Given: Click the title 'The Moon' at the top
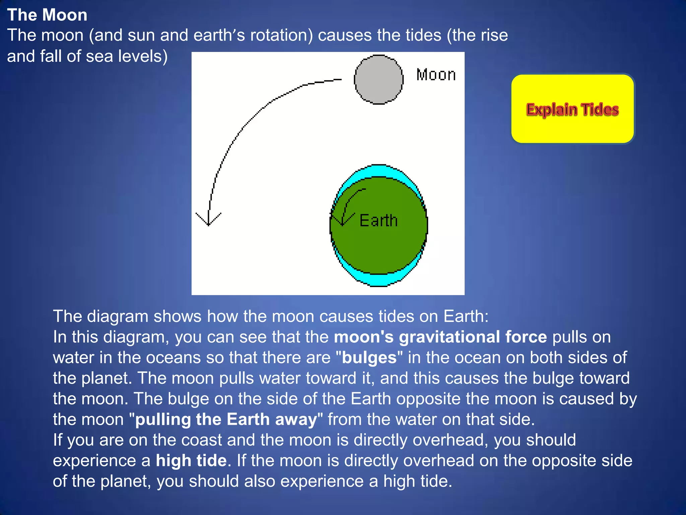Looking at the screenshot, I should pyautogui.click(x=47, y=15).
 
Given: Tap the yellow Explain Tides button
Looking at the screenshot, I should pyautogui.click(x=572, y=109).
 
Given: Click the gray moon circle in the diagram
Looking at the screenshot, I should pyautogui.click(x=379, y=80).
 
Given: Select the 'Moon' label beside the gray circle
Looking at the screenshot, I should pyautogui.click(x=436, y=75).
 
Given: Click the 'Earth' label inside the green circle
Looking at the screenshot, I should pyautogui.click(x=379, y=221).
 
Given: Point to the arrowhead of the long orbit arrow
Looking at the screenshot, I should pyautogui.click(x=208, y=221).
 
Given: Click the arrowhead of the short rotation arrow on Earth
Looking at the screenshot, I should pyautogui.click(x=342, y=222).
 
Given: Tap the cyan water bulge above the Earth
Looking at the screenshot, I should pyautogui.click(x=379, y=171).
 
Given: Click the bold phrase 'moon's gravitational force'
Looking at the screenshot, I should pyautogui.click(x=440, y=337).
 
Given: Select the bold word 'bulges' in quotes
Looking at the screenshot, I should pyautogui.click(x=369, y=357).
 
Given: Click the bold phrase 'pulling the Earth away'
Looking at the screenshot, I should pyautogui.click(x=226, y=419).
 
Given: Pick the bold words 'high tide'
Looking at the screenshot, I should pyautogui.click(x=191, y=460).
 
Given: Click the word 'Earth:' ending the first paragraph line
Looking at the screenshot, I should pyautogui.click(x=466, y=316).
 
